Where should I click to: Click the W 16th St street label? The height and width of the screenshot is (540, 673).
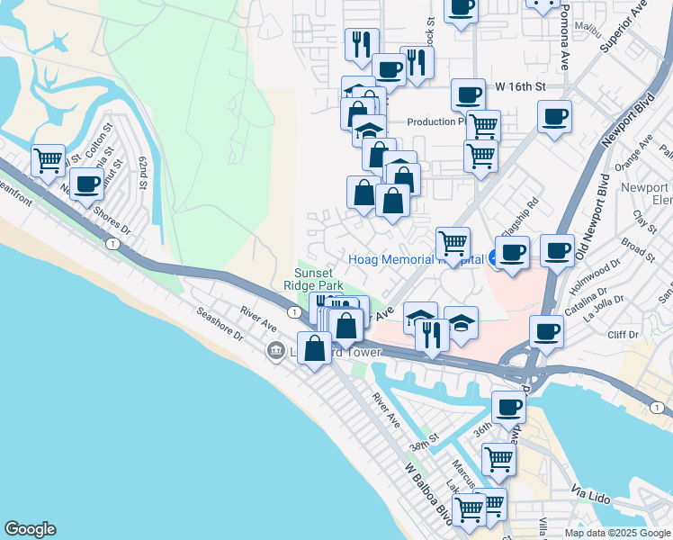[x=521, y=86]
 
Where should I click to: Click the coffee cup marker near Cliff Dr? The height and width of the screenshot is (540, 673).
[x=546, y=331]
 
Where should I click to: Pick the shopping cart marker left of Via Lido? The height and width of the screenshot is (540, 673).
[x=498, y=459]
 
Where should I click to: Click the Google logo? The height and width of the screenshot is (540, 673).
[x=30, y=529]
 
